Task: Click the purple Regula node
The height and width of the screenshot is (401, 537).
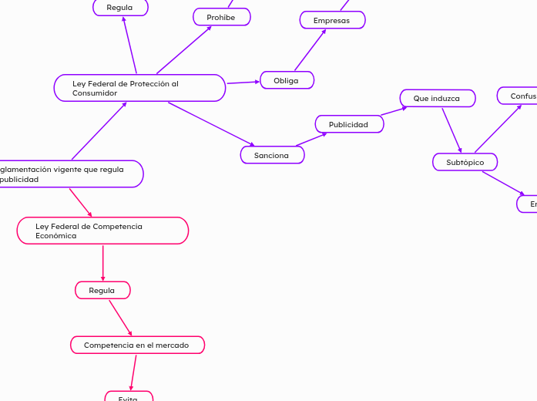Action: [120, 8]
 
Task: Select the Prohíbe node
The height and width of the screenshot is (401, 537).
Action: [221, 17]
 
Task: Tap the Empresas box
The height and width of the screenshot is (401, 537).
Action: [332, 20]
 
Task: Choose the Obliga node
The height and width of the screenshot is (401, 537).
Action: [287, 80]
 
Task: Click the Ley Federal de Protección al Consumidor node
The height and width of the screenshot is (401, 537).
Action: [139, 88]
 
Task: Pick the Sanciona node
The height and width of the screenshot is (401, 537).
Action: [272, 155]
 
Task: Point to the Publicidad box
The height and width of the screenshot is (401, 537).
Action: [349, 124]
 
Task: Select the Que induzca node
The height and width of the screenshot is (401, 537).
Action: [437, 98]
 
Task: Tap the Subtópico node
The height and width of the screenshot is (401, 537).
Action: [465, 162]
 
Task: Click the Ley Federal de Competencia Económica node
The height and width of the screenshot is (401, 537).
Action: [102, 231]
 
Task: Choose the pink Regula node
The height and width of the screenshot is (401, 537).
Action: [102, 290]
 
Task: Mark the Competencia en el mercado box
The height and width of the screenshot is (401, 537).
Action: [137, 345]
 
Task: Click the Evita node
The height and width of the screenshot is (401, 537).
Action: [129, 398]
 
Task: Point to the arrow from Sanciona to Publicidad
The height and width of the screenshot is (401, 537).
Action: [311, 139]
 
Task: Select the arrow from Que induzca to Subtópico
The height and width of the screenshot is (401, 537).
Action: [451, 130]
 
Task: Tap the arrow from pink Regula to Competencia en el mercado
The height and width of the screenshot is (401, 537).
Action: [120, 318]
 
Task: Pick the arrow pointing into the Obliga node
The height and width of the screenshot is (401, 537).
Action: [243, 82]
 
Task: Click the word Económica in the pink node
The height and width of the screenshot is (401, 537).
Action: [55, 236]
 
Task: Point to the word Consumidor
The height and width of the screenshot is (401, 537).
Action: [95, 93]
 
